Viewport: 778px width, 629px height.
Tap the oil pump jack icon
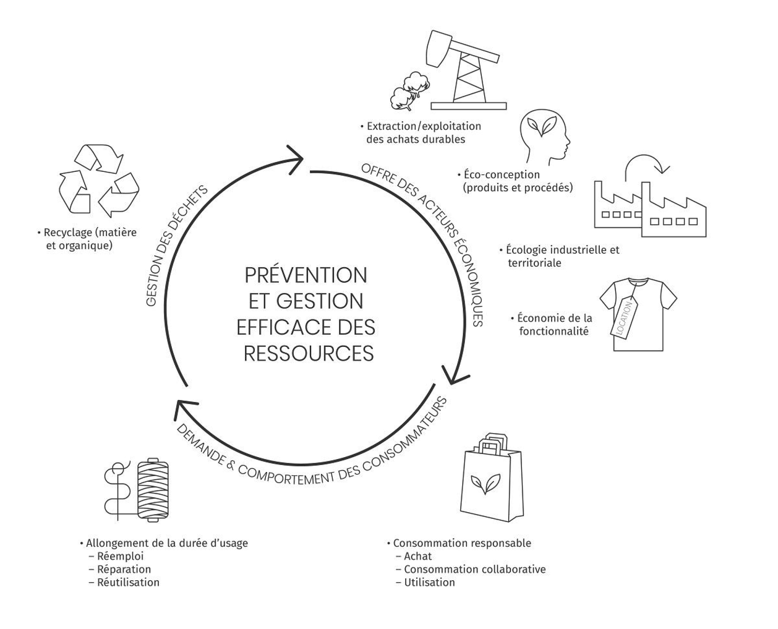tap(466, 73)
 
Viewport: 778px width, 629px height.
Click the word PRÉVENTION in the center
tap(306, 276)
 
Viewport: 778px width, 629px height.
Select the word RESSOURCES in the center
tap(308, 353)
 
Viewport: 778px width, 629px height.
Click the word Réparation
tap(124, 569)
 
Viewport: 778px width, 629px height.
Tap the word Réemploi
tap(120, 556)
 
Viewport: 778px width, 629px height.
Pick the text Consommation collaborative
tap(474, 569)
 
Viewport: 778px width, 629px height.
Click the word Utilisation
tap(430, 582)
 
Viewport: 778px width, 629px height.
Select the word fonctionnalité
tap(554, 331)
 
